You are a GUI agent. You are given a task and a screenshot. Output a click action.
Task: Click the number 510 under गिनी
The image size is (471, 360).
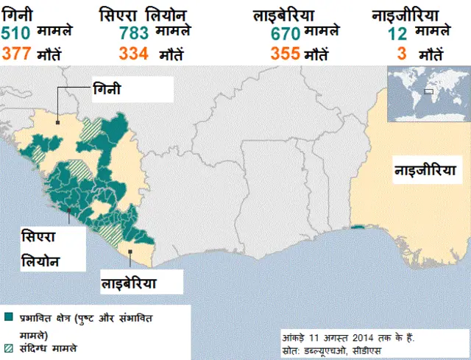coord(16,33)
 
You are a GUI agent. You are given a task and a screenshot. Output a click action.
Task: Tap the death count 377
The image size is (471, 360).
coord(16,53)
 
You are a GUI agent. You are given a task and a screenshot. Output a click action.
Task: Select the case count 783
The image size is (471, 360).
coord(133,33)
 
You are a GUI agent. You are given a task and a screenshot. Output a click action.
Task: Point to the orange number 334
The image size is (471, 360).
coord(133,53)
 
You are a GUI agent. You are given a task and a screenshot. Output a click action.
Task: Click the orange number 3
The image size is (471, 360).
coord(402,53)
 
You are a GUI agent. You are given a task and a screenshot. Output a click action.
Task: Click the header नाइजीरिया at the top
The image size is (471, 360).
coord(406,14)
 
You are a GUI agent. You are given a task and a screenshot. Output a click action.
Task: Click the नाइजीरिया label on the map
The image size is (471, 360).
coord(425,171)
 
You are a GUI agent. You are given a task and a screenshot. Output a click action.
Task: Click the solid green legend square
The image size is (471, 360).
coord(8,317)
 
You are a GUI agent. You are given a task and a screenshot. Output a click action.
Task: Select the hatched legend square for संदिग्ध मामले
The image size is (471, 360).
coord(8,346)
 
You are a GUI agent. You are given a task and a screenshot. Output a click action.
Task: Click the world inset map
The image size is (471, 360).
coord(425,93)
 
